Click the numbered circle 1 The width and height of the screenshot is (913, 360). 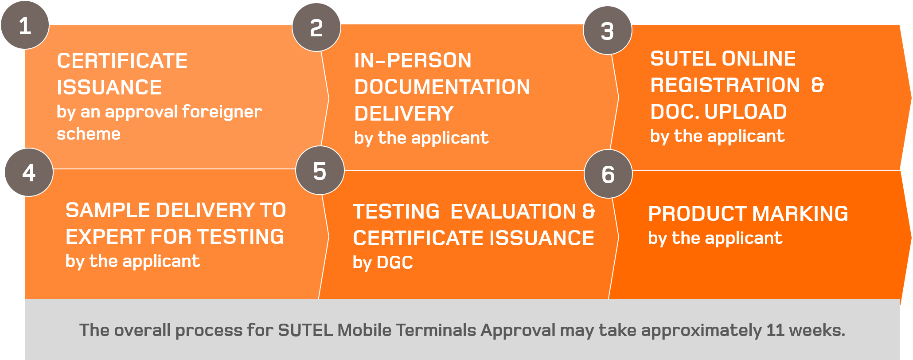click(x=25, y=25)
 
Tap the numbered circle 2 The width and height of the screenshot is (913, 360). click(x=316, y=27)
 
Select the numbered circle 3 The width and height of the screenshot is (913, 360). click(x=608, y=31)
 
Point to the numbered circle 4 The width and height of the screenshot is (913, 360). click(x=29, y=172)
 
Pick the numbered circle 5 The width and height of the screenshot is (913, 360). click(x=320, y=170)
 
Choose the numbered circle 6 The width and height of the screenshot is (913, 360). click(x=609, y=174)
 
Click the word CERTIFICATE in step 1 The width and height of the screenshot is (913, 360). click(x=122, y=61)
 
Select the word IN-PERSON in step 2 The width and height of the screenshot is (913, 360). click(x=413, y=60)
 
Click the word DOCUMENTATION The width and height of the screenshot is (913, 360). click(x=442, y=87)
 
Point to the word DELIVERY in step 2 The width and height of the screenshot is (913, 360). click(x=404, y=113)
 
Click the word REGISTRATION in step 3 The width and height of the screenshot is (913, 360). click(x=725, y=85)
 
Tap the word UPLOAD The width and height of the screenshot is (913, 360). click(x=745, y=112)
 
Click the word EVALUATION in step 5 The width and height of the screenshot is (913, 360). click(x=513, y=211)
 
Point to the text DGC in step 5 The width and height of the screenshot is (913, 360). click(x=395, y=262)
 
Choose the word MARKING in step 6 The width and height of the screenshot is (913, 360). click(x=800, y=214)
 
